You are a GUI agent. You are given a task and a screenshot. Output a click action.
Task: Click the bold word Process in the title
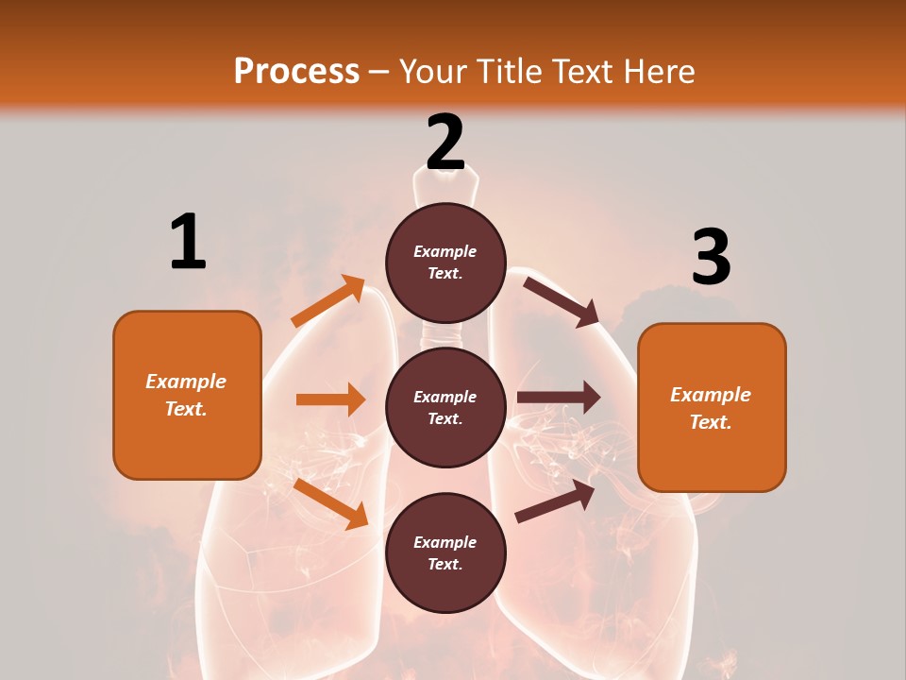pos(296,72)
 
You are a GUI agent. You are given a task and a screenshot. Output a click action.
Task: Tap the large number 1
pos(188,242)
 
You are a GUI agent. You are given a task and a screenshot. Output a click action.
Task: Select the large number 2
pos(445,143)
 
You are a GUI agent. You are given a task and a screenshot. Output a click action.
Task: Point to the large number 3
pos(711,257)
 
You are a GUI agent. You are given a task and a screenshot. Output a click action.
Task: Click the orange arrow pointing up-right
pos(328,301)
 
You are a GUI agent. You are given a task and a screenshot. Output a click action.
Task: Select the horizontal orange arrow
pos(330,399)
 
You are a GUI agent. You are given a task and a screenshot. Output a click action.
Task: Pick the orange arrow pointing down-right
pos(330,502)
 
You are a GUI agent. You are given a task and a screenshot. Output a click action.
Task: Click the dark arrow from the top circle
pos(562,301)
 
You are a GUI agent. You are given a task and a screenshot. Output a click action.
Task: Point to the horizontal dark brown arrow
pos(559,398)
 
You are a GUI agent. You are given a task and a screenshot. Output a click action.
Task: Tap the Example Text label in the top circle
pos(445,263)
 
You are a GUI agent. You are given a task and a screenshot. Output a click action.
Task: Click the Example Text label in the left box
pos(186,395)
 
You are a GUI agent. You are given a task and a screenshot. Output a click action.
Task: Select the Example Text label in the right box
pos(711,408)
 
